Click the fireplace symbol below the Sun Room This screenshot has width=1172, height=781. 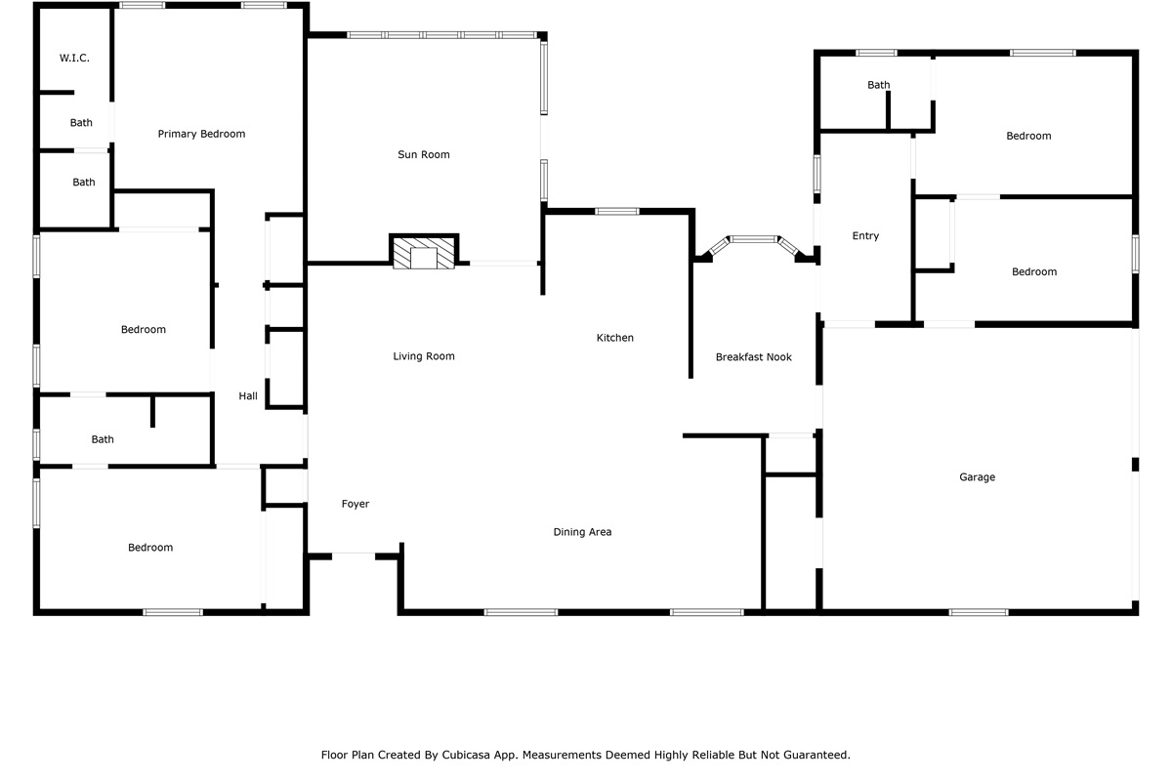(424, 253)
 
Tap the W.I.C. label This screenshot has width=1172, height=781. (74, 58)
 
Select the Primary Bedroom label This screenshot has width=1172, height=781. (201, 134)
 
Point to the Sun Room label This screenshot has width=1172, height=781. (424, 154)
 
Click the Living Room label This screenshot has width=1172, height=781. (424, 356)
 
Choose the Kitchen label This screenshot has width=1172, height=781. (614, 338)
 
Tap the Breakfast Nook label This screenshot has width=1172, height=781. (753, 357)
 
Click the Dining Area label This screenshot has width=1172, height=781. (582, 532)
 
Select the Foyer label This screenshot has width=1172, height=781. (356, 504)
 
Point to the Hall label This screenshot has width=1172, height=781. (248, 396)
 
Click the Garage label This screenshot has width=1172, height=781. (977, 477)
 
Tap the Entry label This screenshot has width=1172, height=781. (865, 236)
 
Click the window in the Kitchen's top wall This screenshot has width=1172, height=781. (617, 211)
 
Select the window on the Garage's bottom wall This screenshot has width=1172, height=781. (979, 612)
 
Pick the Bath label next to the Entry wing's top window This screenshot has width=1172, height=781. (878, 85)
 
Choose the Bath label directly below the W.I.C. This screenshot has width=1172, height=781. (81, 122)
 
